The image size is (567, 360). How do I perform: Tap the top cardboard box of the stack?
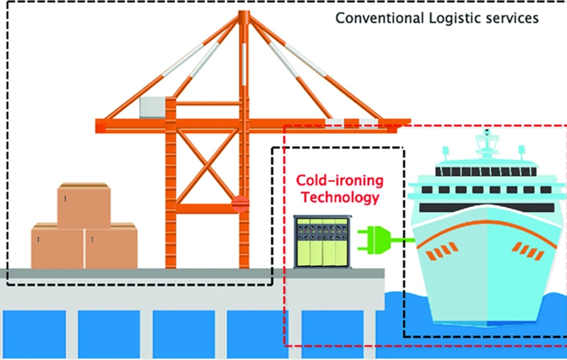click(x=84, y=206)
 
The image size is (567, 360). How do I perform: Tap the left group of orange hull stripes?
click(x=445, y=250)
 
